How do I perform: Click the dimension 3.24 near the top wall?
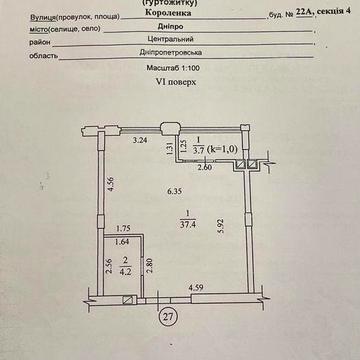[x=142, y=141]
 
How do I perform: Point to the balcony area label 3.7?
[x=199, y=148]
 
